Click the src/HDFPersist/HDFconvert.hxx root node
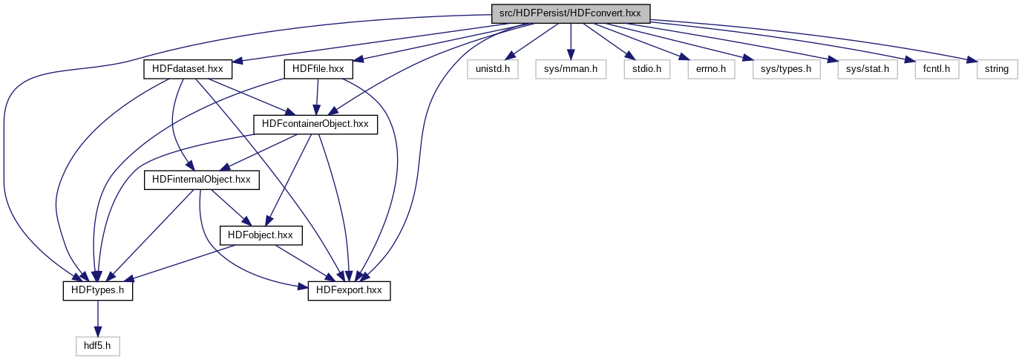(570, 13)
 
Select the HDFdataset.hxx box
(188, 69)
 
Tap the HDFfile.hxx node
(318, 69)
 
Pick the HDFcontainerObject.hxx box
(315, 124)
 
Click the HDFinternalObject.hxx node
(201, 179)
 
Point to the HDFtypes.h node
(97, 291)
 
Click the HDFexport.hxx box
(349, 291)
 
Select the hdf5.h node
(97, 346)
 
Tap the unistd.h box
(493, 69)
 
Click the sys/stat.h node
(867, 69)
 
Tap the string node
(996, 69)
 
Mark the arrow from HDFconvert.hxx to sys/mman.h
(570, 41)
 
